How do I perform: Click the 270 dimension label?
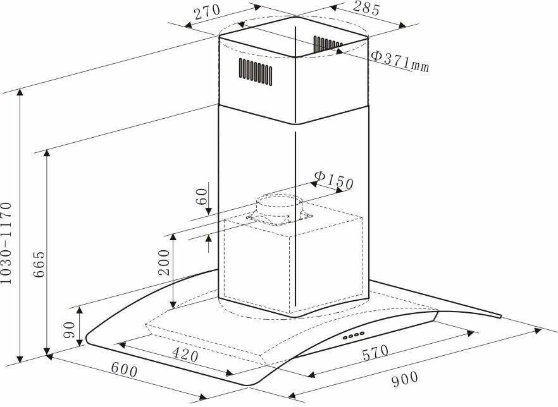208,12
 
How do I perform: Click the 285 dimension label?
366,8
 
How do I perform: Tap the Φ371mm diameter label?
400,61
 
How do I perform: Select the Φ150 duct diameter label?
334,180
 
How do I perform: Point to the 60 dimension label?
201,196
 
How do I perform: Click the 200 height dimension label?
164,262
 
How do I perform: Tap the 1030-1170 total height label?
6,243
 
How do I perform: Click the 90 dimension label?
69,330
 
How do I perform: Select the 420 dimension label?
185,354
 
